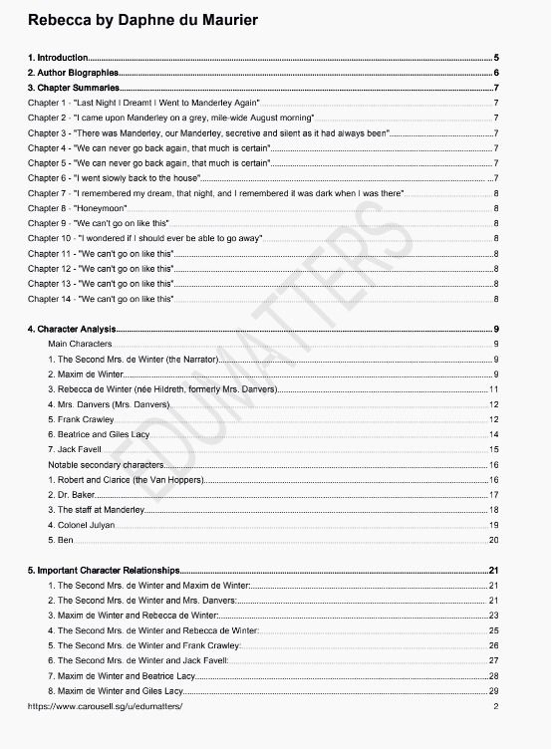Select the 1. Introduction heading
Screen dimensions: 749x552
click(x=59, y=59)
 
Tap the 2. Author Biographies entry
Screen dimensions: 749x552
click(x=73, y=74)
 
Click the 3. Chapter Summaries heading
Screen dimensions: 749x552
click(x=73, y=89)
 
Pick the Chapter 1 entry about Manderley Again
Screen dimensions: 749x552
click(x=143, y=103)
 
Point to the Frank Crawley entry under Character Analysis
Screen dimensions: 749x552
click(x=87, y=419)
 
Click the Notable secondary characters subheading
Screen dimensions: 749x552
click(x=106, y=464)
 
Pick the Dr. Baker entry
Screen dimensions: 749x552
click(x=72, y=494)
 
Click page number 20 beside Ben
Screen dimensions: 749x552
click(x=493, y=539)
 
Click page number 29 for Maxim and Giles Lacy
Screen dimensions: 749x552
click(x=493, y=690)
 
